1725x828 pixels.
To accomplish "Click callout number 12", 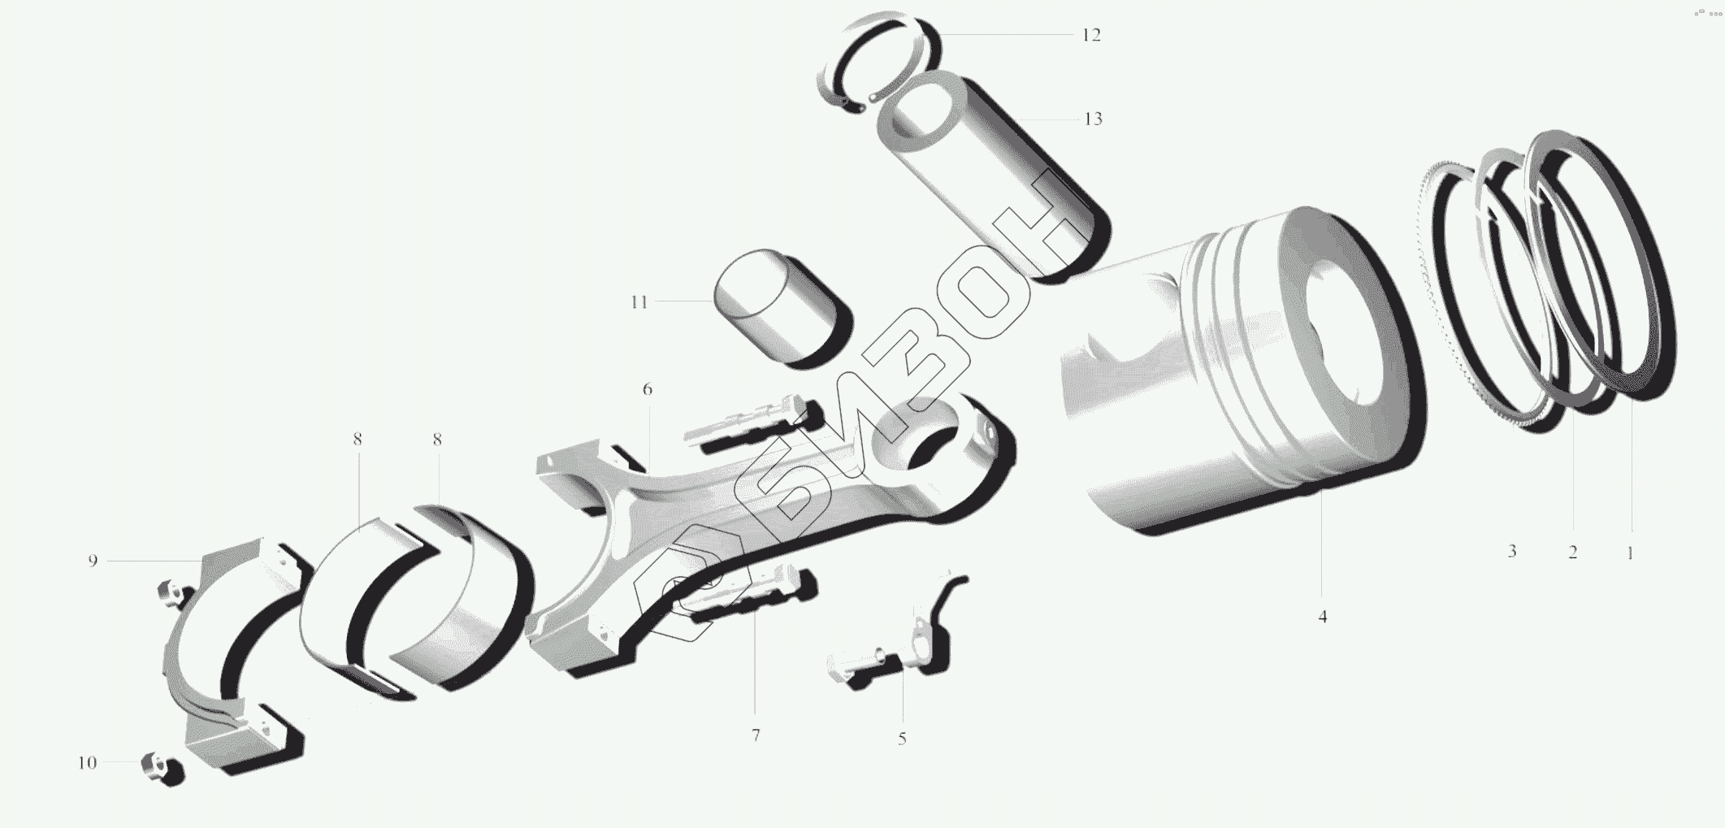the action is pos(1090,35).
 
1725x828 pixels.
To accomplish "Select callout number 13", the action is pos(1093,119).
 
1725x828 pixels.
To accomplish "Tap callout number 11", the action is pos(639,302).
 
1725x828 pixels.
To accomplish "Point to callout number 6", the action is pos(647,389).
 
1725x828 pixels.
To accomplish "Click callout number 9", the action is pos(93,561).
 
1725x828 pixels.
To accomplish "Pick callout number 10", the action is pos(87,763).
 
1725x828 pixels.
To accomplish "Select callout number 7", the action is pos(756,735).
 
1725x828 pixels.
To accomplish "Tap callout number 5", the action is pos(902,739).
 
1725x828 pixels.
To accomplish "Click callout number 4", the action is pos(1322,617).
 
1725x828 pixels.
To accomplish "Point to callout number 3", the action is pos(1511,551).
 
